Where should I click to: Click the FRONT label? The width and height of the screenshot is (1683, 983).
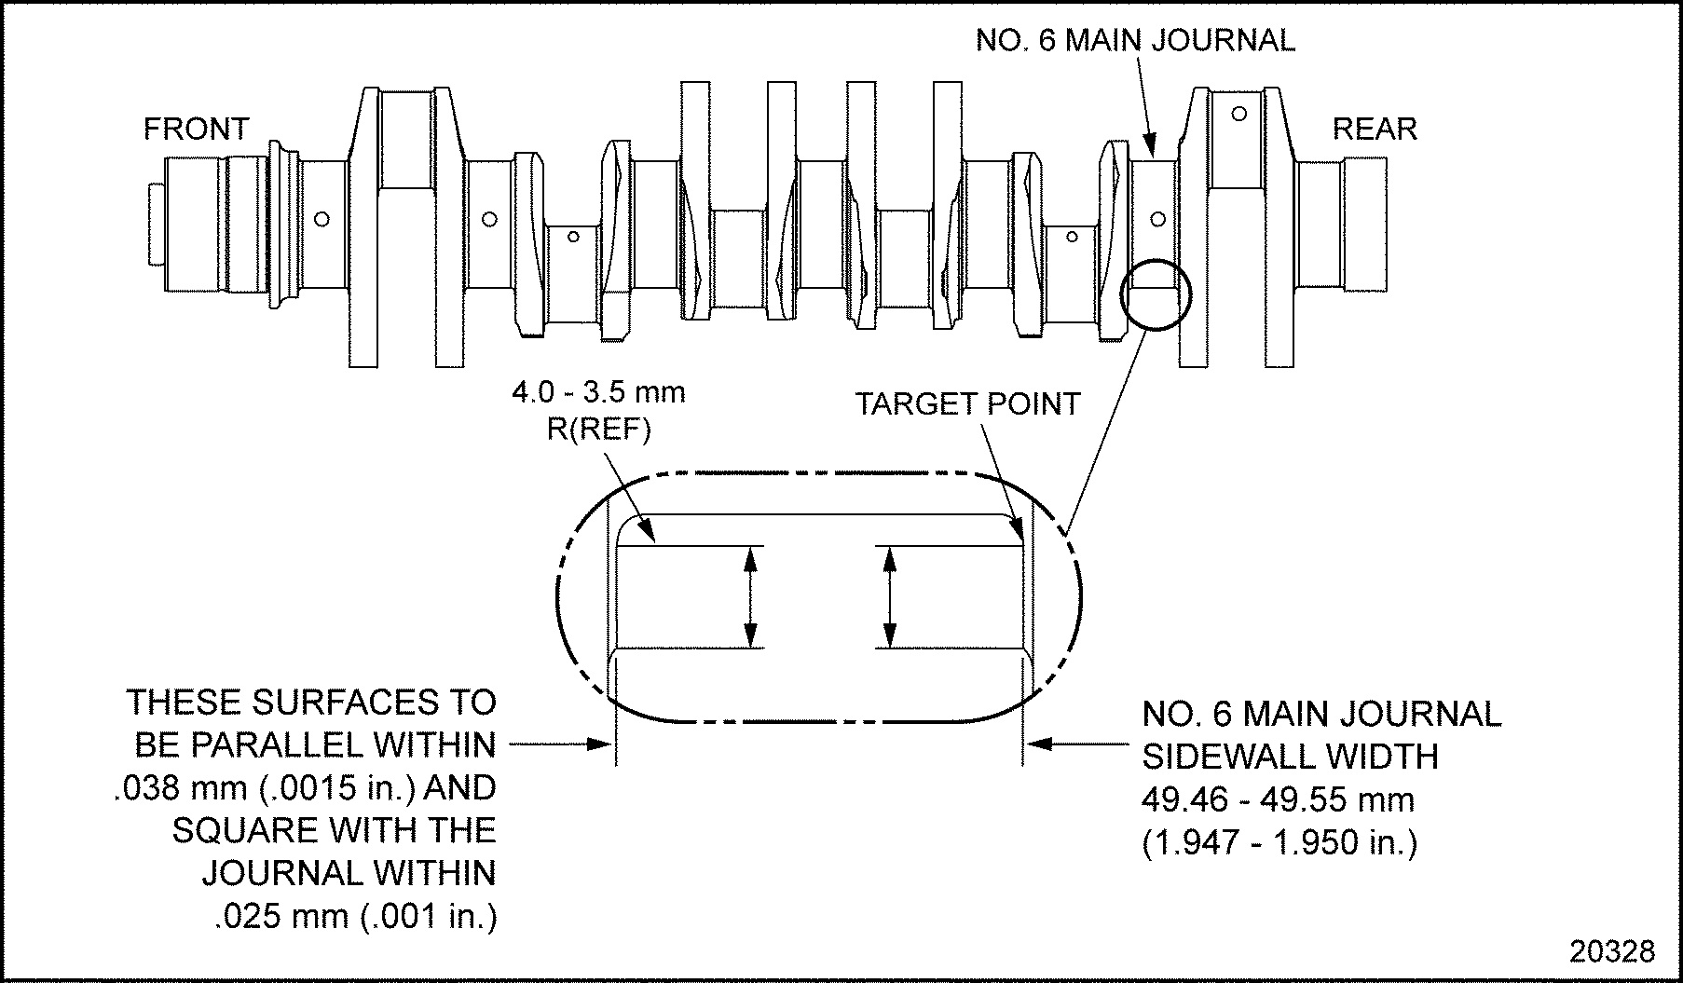(x=197, y=129)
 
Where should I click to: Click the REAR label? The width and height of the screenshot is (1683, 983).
(x=1375, y=129)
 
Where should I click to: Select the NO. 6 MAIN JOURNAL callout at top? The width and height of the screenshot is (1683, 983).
(x=1135, y=41)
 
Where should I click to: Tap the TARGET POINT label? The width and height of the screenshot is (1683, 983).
(x=967, y=404)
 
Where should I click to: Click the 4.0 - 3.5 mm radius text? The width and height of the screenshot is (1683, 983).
(x=598, y=392)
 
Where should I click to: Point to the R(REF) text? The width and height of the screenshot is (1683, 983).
(x=599, y=430)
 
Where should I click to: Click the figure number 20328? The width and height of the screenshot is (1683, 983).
(x=1612, y=951)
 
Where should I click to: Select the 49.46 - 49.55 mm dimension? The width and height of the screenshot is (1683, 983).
(x=1278, y=799)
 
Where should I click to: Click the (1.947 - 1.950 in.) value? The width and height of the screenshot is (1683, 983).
(x=1279, y=842)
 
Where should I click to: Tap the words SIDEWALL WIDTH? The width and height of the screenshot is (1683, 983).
(x=1291, y=757)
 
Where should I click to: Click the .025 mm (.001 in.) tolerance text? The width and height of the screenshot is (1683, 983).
(x=356, y=917)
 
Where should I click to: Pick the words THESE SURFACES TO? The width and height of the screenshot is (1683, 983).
(x=311, y=702)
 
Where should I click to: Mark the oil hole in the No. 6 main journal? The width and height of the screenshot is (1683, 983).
(x=1158, y=220)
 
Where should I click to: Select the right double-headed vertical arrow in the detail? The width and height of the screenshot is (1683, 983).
(x=891, y=596)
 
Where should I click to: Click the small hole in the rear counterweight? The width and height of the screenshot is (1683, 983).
(x=1239, y=114)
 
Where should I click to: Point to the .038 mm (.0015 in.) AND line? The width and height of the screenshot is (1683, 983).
(x=304, y=788)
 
